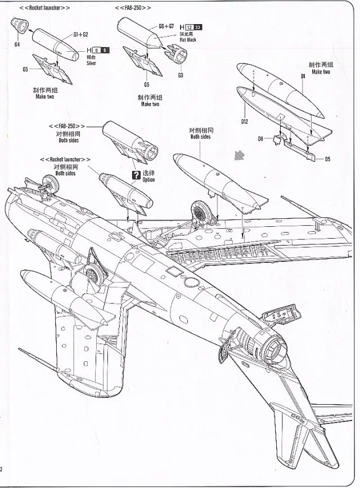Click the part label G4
17,44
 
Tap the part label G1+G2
80,34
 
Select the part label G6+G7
166,26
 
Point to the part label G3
180,75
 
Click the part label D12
245,120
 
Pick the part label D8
261,138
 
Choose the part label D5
327,159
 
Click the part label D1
302,75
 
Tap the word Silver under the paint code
91,63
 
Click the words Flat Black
188,40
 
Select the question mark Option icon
134,175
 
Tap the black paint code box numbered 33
197,27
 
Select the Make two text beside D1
321,72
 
